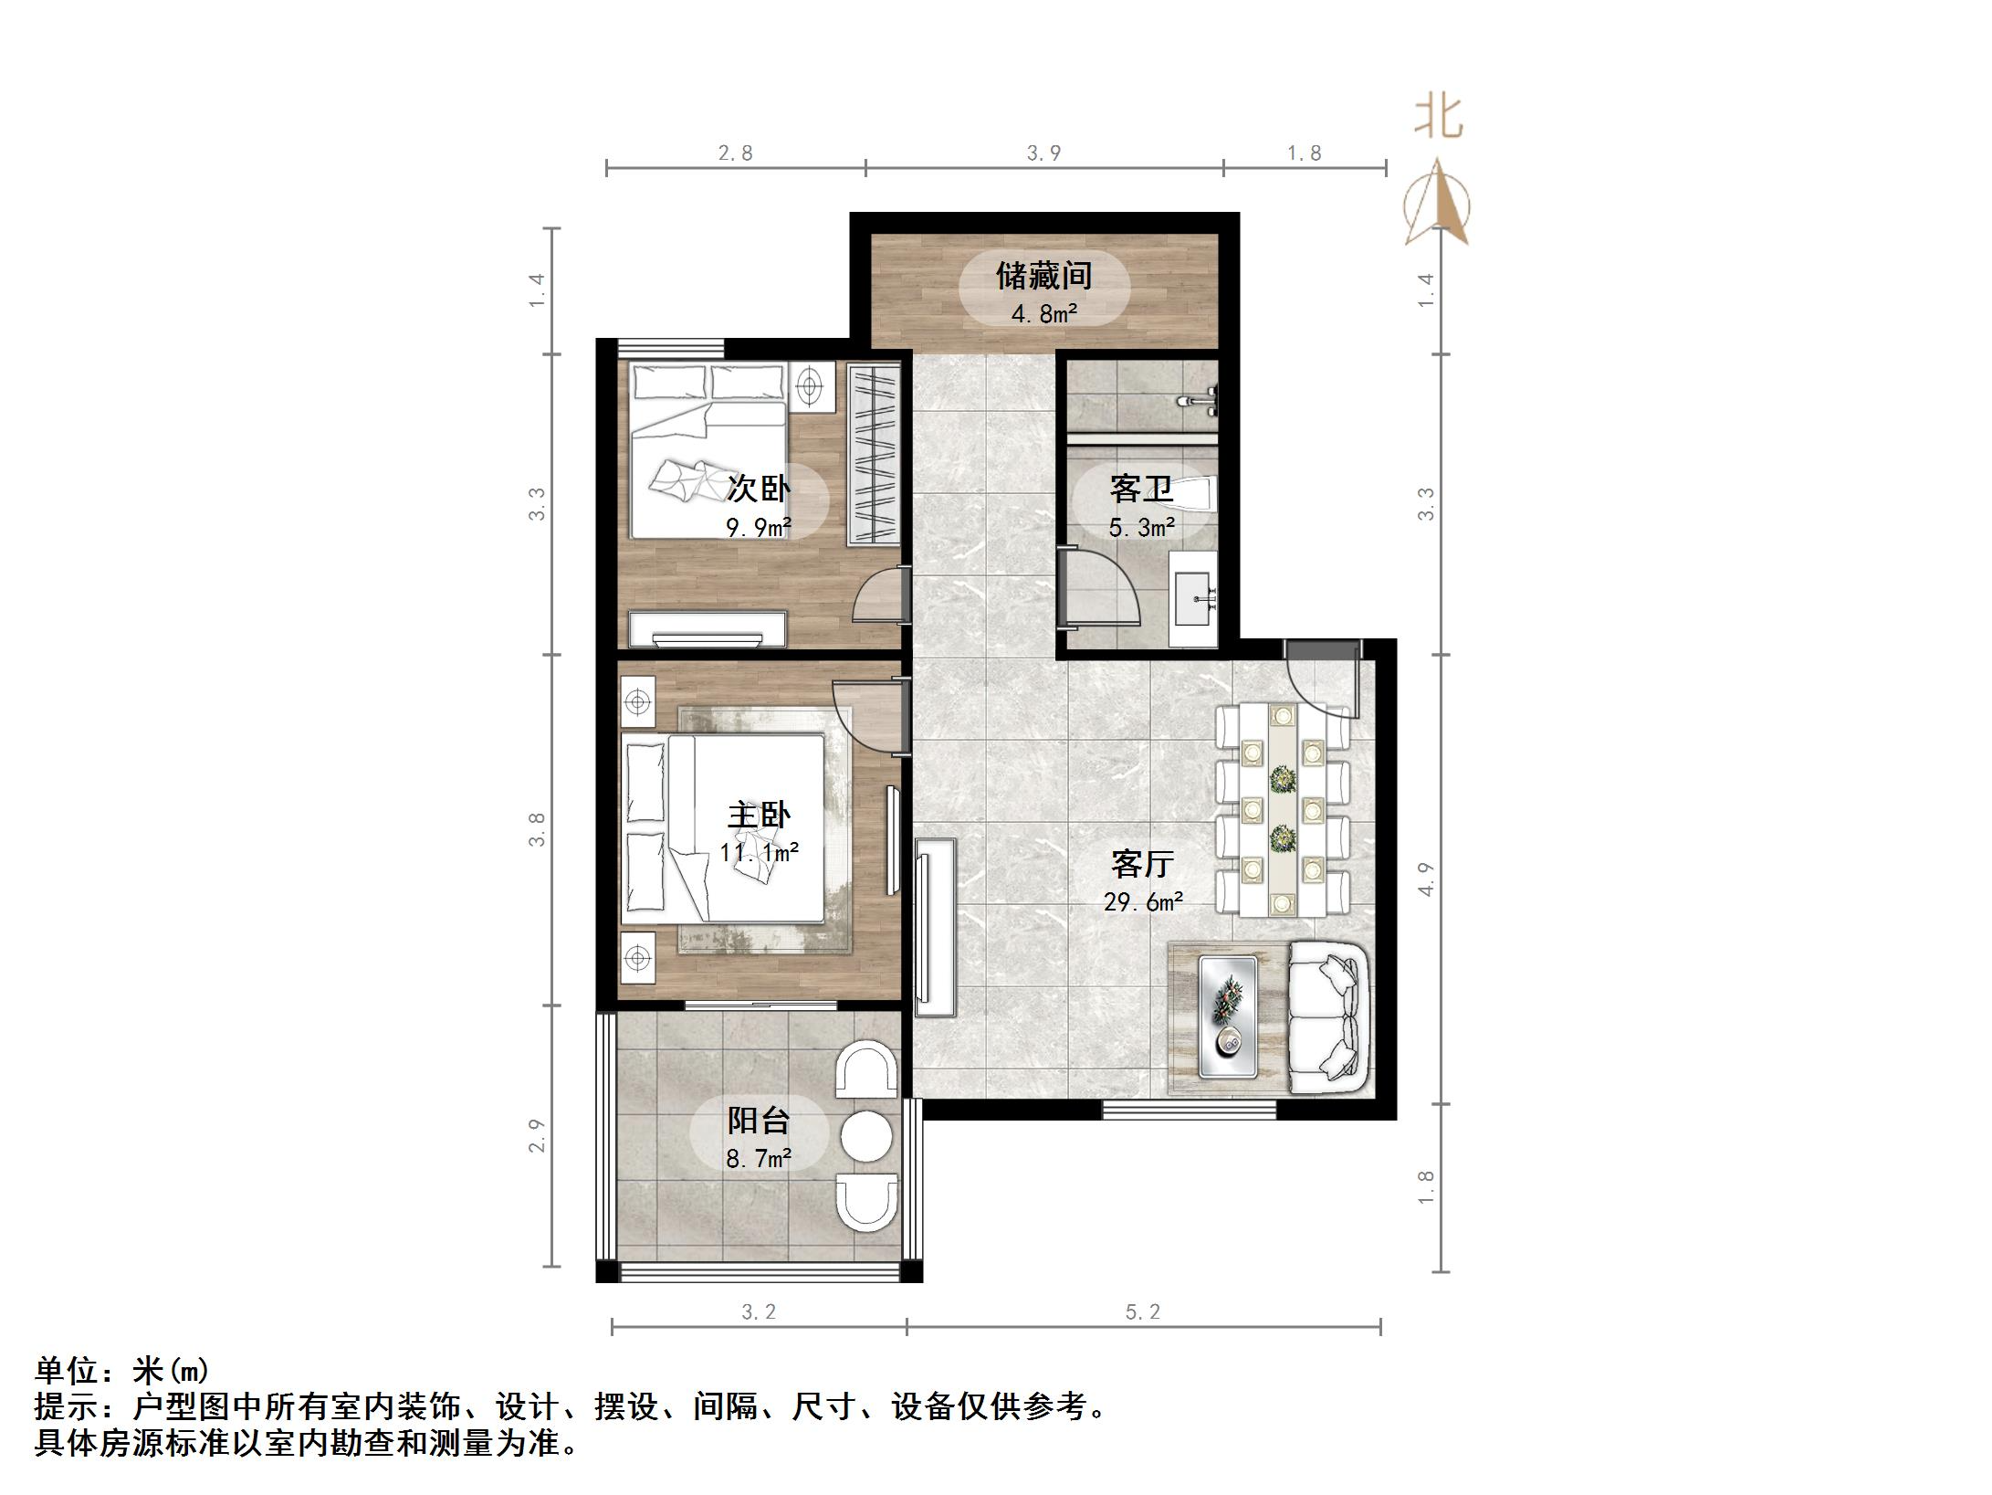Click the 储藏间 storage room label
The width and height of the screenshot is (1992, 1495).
[1043, 275]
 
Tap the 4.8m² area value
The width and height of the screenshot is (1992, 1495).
[1043, 314]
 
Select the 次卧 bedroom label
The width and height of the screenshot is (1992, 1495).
[758, 489]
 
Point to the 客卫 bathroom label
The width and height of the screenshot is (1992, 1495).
[1141, 489]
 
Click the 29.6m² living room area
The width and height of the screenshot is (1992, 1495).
[1143, 902]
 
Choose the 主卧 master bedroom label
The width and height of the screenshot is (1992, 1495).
[758, 815]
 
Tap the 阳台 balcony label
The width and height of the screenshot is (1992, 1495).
[758, 1120]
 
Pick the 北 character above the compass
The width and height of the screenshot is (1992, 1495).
[1439, 118]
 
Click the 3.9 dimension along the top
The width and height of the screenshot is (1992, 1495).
[1043, 153]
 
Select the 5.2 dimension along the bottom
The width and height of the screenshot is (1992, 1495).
[1142, 1312]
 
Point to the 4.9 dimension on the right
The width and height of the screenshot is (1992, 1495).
[1426, 879]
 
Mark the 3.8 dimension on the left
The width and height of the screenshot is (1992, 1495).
[537, 829]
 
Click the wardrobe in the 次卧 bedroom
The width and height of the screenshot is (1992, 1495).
[874, 455]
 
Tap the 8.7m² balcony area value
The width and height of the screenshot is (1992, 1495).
[758, 1159]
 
